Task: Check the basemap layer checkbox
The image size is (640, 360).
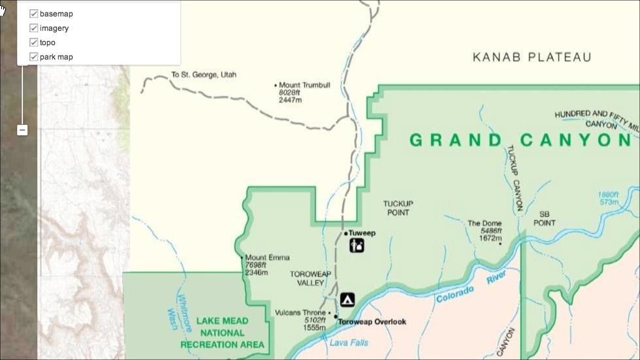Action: pyautogui.click(x=34, y=14)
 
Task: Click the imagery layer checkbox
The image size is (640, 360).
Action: pyautogui.click(x=34, y=28)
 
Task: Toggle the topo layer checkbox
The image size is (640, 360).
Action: pyautogui.click(x=34, y=42)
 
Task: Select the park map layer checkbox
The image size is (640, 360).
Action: pyautogui.click(x=34, y=57)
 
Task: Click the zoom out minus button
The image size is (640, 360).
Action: pyautogui.click(x=22, y=130)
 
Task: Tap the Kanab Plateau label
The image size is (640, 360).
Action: pyautogui.click(x=532, y=57)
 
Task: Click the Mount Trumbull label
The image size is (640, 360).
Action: pyautogui.click(x=304, y=86)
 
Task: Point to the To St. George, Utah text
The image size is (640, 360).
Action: pyautogui.click(x=204, y=75)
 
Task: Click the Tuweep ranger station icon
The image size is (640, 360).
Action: pyautogui.click(x=357, y=246)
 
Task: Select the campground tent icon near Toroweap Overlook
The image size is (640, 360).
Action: pyautogui.click(x=347, y=299)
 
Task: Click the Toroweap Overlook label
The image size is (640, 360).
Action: pyautogui.click(x=372, y=321)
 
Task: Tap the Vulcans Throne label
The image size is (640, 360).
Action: pyautogui.click(x=300, y=312)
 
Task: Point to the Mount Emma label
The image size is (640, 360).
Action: pyautogui.click(x=267, y=257)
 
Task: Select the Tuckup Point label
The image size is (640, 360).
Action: pyautogui.click(x=398, y=208)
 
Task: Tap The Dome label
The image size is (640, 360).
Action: pyautogui.click(x=484, y=223)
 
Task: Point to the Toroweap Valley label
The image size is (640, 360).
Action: pyautogui.click(x=307, y=279)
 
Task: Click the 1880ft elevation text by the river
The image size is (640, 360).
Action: pyautogui.click(x=609, y=195)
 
